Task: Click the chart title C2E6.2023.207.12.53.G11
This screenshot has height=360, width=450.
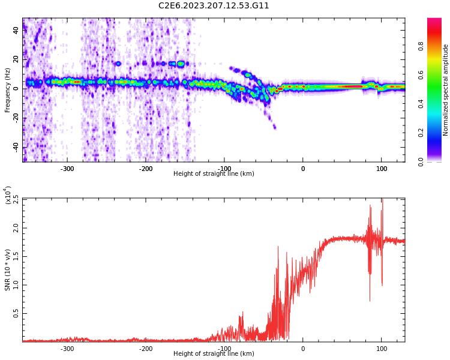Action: tap(214, 6)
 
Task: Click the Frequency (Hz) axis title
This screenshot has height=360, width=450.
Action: tap(7, 89)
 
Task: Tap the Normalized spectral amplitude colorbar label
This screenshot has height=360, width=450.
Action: tap(445, 89)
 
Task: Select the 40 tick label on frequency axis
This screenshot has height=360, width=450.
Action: tap(16, 31)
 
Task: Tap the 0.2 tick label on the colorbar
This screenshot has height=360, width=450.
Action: tap(421, 133)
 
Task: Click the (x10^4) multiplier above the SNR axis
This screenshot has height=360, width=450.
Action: tap(7, 196)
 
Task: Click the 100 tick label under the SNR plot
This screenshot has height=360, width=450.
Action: tap(382, 349)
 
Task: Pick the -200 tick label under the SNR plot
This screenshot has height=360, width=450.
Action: tap(145, 349)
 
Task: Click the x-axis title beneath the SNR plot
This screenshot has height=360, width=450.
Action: tap(214, 354)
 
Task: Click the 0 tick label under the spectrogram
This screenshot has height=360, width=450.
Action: tap(302, 169)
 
